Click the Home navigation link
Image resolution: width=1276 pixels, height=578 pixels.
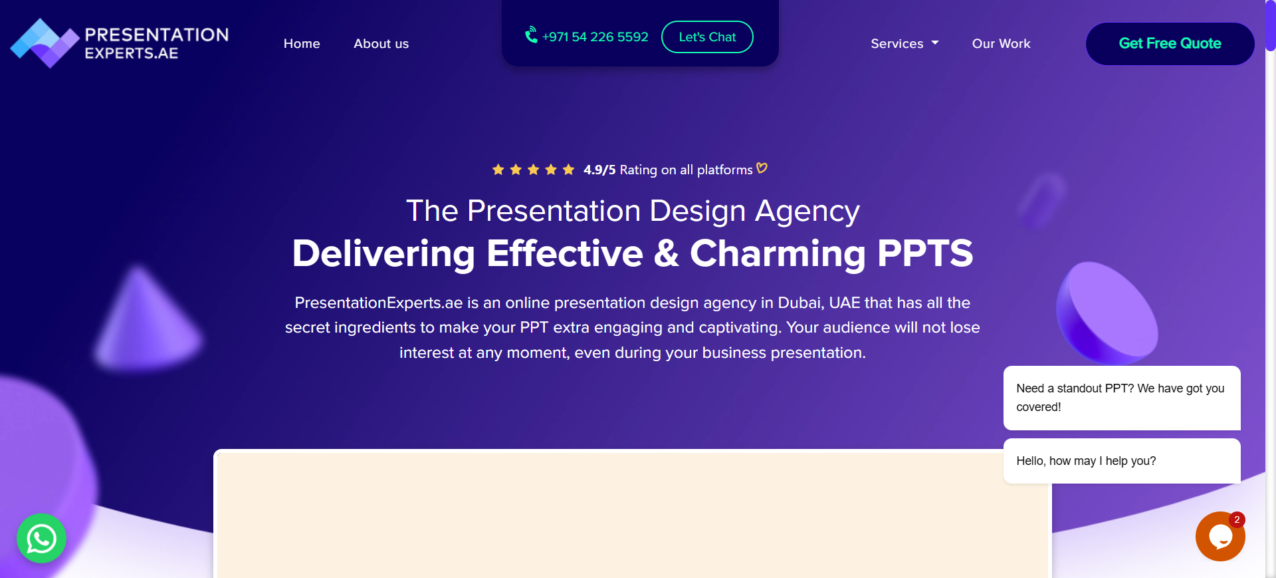[302, 43]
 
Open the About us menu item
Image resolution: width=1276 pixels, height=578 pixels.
[381, 43]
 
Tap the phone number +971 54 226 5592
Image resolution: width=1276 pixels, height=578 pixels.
[595, 37]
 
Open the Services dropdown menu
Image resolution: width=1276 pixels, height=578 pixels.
[904, 43]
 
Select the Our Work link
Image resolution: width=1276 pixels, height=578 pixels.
[1001, 43]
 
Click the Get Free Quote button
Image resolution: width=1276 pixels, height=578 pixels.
[1170, 43]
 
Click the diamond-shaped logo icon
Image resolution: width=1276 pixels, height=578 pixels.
[45, 43]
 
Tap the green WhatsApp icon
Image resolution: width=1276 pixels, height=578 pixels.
[41, 538]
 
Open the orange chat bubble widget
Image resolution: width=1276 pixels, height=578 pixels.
[1220, 536]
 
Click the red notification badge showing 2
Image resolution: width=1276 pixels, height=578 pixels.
[1237, 519]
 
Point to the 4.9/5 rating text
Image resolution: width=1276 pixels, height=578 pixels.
[599, 170]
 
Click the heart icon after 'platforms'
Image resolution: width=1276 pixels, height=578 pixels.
[762, 168]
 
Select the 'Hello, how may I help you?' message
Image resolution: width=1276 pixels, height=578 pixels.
[1086, 461]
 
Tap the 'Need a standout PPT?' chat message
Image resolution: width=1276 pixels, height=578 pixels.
[1120, 397]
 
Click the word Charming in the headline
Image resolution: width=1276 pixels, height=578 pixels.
[778, 254]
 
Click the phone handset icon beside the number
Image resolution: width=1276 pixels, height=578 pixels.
[531, 35]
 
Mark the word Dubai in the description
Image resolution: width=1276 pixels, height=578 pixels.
[799, 303]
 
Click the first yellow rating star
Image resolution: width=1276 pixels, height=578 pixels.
[498, 170]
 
